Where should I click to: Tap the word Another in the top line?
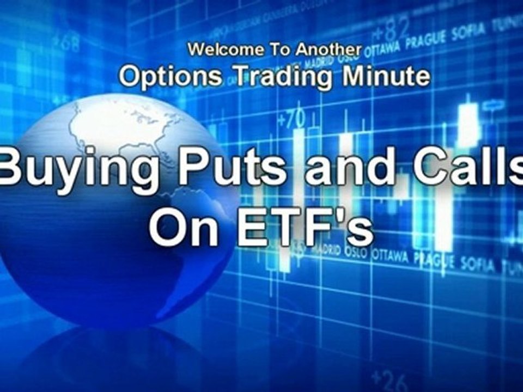[329, 50]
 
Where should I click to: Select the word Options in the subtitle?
[170, 77]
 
